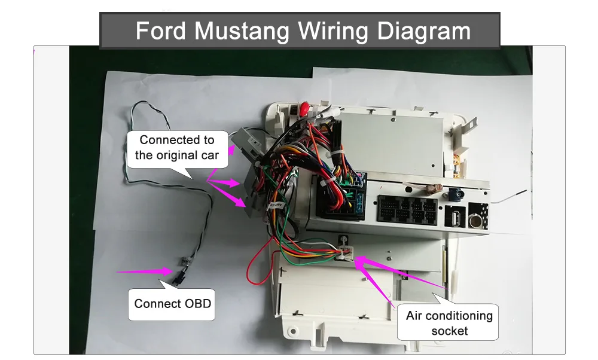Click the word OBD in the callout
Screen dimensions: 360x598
197,304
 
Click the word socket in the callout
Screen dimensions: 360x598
450,331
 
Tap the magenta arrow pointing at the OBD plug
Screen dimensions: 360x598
144,271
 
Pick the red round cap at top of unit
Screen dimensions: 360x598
304,109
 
